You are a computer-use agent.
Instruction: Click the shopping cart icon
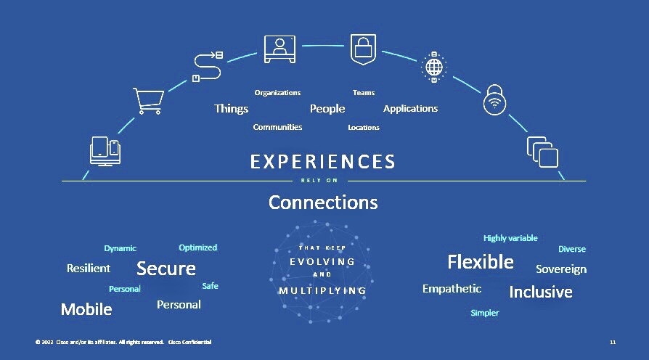[x=149, y=101]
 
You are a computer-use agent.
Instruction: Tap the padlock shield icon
[x=364, y=49]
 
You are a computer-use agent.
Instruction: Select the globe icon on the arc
[x=434, y=67]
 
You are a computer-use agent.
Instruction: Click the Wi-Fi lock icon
[x=494, y=99]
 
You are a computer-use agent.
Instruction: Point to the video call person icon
[x=279, y=49]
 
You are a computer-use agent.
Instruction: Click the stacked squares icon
[x=542, y=152]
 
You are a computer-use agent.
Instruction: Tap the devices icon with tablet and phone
[x=105, y=151]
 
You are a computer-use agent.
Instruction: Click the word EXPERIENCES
[x=322, y=161]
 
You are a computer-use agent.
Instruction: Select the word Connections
[x=323, y=202]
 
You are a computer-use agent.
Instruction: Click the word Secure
[x=166, y=269]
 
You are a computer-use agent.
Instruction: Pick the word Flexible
[x=481, y=262]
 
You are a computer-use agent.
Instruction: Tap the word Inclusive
[x=541, y=292]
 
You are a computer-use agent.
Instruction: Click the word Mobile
[x=86, y=309]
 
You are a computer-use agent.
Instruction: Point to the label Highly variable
[x=510, y=238]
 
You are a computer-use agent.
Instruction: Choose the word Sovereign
[x=561, y=269]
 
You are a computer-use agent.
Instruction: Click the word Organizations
[x=277, y=93]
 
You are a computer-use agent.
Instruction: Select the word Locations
[x=364, y=128]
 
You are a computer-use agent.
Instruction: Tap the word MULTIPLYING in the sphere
[x=322, y=291]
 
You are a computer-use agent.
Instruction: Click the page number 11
[x=613, y=342]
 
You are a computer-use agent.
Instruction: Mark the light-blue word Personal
[x=125, y=289]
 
